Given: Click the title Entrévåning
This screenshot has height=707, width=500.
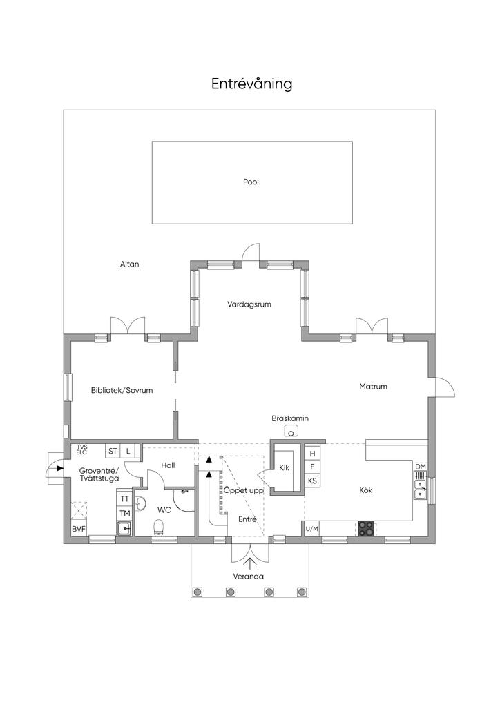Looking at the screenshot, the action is [x=252, y=84].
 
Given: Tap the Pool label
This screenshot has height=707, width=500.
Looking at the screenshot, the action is [x=251, y=182].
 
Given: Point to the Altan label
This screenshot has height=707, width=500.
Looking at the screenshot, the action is [x=129, y=264].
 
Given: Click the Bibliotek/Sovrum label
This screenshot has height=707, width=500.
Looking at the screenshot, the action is [x=122, y=390].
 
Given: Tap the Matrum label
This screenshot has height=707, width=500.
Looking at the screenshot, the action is [x=373, y=387].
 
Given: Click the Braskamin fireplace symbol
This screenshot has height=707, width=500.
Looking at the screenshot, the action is [x=291, y=433].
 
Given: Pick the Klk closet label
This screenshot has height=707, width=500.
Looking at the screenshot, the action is [x=284, y=467].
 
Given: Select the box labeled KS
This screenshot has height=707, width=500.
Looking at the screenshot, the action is [x=313, y=481].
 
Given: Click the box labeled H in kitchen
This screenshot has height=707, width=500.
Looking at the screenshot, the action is [x=313, y=454].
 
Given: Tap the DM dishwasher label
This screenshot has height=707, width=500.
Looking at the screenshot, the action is [x=420, y=467].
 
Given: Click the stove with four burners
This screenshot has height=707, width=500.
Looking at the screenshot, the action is [x=367, y=528].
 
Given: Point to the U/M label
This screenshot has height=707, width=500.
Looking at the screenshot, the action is [x=312, y=529].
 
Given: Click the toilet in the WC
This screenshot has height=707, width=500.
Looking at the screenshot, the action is [x=160, y=528].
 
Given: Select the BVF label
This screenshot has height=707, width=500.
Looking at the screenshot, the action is [x=79, y=529].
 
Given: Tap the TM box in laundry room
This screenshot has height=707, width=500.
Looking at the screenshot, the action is [x=125, y=513].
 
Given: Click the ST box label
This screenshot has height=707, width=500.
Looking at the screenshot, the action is [x=113, y=451].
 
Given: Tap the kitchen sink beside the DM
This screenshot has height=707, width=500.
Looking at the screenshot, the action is [x=420, y=488].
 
